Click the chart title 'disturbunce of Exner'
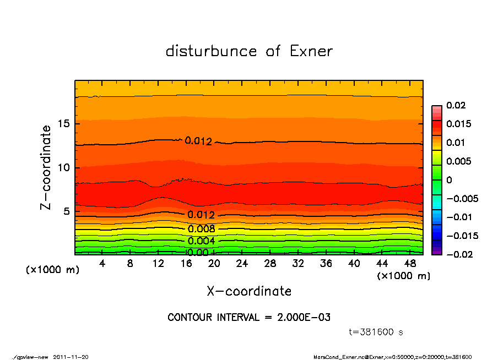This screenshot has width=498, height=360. [249, 51]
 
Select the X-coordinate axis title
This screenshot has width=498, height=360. [249, 291]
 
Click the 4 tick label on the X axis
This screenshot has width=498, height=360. [102, 264]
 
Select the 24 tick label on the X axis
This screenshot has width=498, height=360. [242, 264]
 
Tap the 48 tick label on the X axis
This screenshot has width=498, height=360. [410, 264]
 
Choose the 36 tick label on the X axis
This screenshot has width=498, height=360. [326, 264]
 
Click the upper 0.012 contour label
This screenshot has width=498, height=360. [198, 141]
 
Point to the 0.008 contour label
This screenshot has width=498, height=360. [201, 229]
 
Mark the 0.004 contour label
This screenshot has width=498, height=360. [201, 241]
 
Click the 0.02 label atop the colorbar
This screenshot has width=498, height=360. [456, 105]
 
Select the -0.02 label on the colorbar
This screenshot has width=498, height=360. [458, 254]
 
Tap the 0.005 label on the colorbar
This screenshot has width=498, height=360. [458, 161]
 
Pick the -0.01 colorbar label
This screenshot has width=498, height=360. [458, 217]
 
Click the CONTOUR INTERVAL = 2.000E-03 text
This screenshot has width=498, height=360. [249, 318]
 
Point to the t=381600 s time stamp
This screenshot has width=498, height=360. [376, 332]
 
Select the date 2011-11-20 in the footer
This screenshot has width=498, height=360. [71, 357]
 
